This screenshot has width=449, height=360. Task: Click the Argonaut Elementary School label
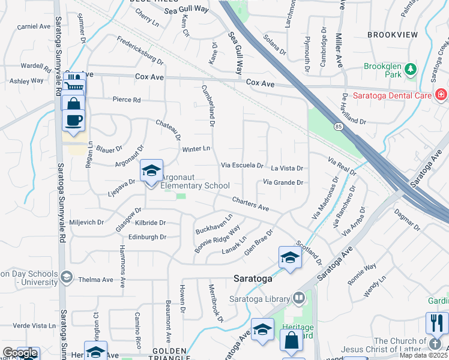[195, 181]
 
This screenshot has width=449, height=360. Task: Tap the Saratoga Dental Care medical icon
[441, 94]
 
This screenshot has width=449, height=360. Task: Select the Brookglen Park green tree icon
[411, 68]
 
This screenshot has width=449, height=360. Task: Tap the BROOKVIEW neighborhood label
[392, 35]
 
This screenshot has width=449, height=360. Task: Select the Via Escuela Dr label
[243, 165]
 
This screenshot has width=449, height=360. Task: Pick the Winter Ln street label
[196, 148]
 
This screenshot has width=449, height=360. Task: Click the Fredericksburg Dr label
[140, 51]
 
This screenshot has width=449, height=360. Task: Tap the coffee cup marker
[74, 119]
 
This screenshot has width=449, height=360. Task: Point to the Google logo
[19, 353]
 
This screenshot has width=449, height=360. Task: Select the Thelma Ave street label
[96, 280]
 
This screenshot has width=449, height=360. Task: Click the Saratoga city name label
[253, 279]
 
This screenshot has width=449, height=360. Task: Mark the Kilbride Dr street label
[146, 223]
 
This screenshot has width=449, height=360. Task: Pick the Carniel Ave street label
[34, 26]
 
